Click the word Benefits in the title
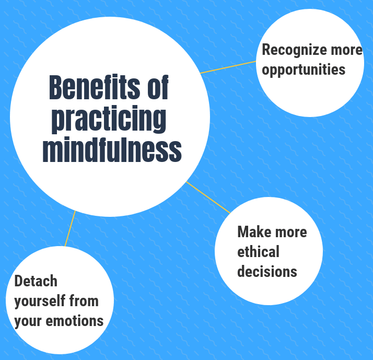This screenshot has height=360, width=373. point(94,87)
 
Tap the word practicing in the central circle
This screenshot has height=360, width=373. point(109,119)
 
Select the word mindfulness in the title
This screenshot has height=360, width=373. point(112,149)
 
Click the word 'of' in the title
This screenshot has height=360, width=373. point(158,87)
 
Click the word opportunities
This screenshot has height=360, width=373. point(304,69)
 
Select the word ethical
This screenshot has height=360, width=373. point(258,251)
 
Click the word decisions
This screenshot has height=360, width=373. point(267,271)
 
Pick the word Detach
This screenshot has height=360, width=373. point(36,281)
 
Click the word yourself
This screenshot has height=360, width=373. point(40,301)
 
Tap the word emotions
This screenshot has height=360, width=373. point(75,321)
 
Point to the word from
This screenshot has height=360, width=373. point(84,301)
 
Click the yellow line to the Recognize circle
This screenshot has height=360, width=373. point(228,67)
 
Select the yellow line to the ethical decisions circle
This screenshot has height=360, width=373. point(208,198)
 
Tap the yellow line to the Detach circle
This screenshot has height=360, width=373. point(70,228)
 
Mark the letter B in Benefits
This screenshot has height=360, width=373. point(55,87)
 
